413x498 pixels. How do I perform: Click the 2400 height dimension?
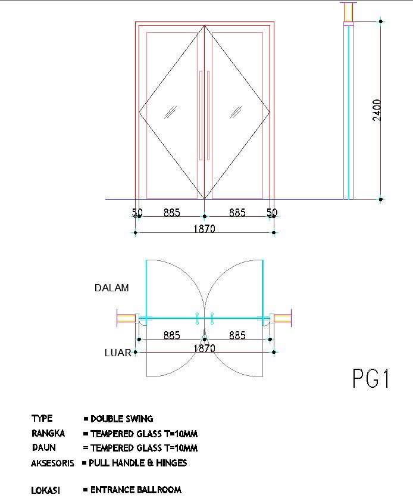tap(377, 110)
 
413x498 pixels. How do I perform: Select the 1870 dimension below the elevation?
tap(204, 229)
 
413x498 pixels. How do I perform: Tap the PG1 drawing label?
tap(371, 378)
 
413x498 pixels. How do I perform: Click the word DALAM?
tap(112, 288)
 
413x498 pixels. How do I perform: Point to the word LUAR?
tap(118, 353)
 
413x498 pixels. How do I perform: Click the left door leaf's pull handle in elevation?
tap(201, 116)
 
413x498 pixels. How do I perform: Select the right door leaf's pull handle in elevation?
tap(208, 116)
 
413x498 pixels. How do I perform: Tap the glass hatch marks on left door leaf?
tap(170, 112)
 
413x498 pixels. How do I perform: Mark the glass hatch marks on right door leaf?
tap(236, 112)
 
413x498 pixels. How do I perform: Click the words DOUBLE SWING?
tap(122, 419)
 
